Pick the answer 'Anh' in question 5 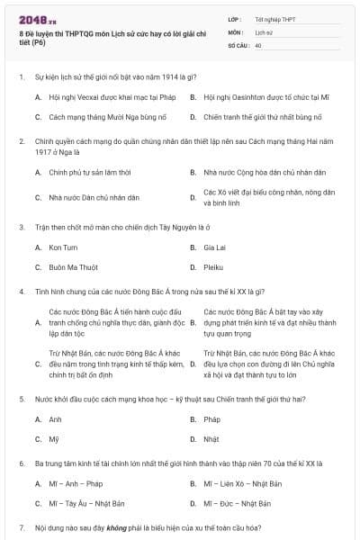click(x=56, y=419)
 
